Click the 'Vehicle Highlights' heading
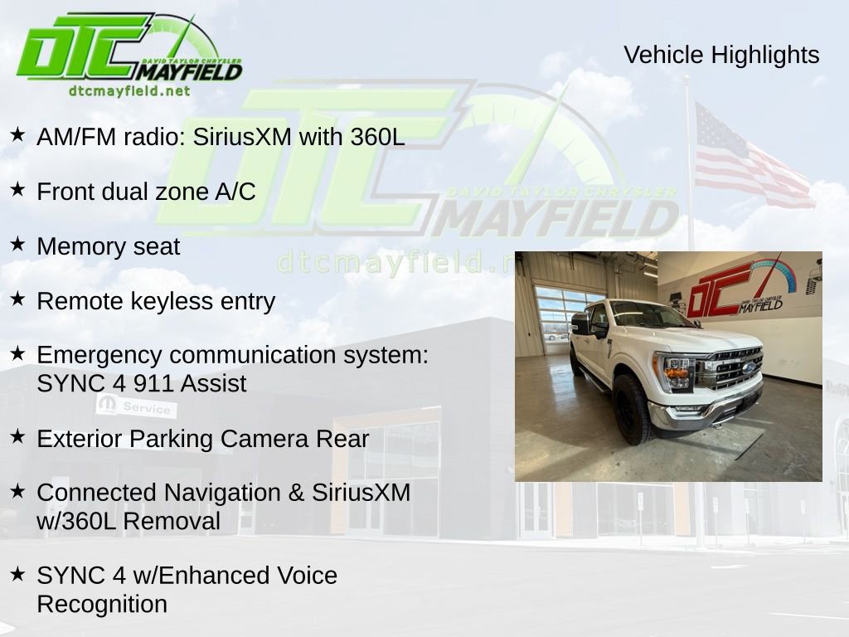coord(721,55)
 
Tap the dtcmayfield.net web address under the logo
coord(129,90)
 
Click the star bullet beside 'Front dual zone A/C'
coord(17,190)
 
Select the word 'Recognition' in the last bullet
coord(101,604)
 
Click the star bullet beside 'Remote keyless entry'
coord(17,299)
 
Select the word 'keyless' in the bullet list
coord(172,301)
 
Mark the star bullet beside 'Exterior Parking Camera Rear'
coord(17,436)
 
